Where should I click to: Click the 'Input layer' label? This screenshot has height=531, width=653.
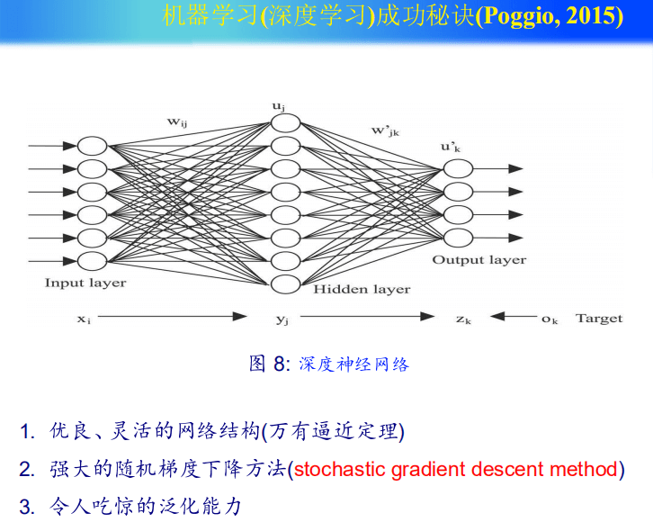click(x=85, y=283)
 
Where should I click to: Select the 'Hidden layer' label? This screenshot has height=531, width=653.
click(x=362, y=289)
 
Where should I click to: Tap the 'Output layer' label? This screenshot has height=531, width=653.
click(x=479, y=260)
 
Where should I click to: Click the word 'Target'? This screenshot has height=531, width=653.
click(x=599, y=319)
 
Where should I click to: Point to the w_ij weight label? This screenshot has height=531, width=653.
click(x=177, y=122)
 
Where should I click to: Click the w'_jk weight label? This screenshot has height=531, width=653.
click(x=385, y=130)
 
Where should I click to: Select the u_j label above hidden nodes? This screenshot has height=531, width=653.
click(x=279, y=106)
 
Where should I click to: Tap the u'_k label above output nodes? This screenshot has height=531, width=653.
click(x=451, y=147)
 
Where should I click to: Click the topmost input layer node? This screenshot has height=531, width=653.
click(x=92, y=146)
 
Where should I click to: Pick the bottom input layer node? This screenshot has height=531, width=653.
click(x=92, y=261)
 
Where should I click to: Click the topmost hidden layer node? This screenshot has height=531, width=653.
click(x=285, y=123)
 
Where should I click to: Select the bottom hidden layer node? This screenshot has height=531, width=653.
click(x=285, y=284)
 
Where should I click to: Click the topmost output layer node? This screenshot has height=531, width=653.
click(x=458, y=169)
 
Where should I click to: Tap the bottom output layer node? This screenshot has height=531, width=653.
click(x=458, y=238)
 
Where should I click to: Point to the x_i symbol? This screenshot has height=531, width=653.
click(x=84, y=319)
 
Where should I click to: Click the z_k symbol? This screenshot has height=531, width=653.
click(x=463, y=319)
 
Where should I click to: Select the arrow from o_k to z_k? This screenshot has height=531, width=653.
click(x=514, y=316)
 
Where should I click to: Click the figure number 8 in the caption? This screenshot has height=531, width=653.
click(x=279, y=364)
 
